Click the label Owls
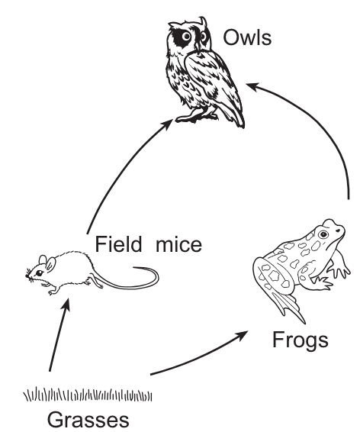(x=247, y=37)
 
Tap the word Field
(x=118, y=244)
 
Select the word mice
(x=179, y=245)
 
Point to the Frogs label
(x=301, y=340)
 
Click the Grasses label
(x=88, y=420)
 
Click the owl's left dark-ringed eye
(x=186, y=36)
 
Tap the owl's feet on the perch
(x=197, y=116)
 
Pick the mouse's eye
(x=39, y=273)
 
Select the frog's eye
(x=323, y=234)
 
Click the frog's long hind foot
(x=289, y=307)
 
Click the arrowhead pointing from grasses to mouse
(x=66, y=305)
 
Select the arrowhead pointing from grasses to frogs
(x=242, y=335)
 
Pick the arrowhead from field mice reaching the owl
(x=167, y=124)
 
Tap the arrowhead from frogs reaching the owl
(x=253, y=86)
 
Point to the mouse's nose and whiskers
(x=30, y=276)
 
